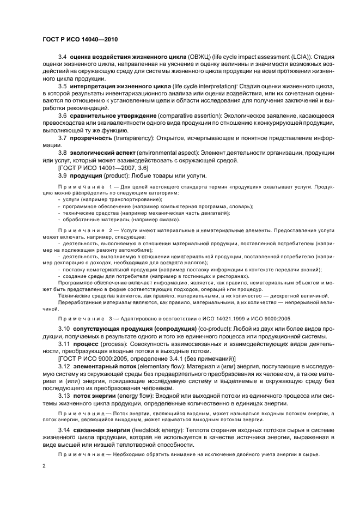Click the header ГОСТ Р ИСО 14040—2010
coord(80,40)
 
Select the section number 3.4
coord(62,57)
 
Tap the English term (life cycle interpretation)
coord(199,86)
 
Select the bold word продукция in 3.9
coord(87,175)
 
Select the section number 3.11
coord(64,344)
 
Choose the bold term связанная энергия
coord(100,430)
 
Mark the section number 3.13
coord(64,396)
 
